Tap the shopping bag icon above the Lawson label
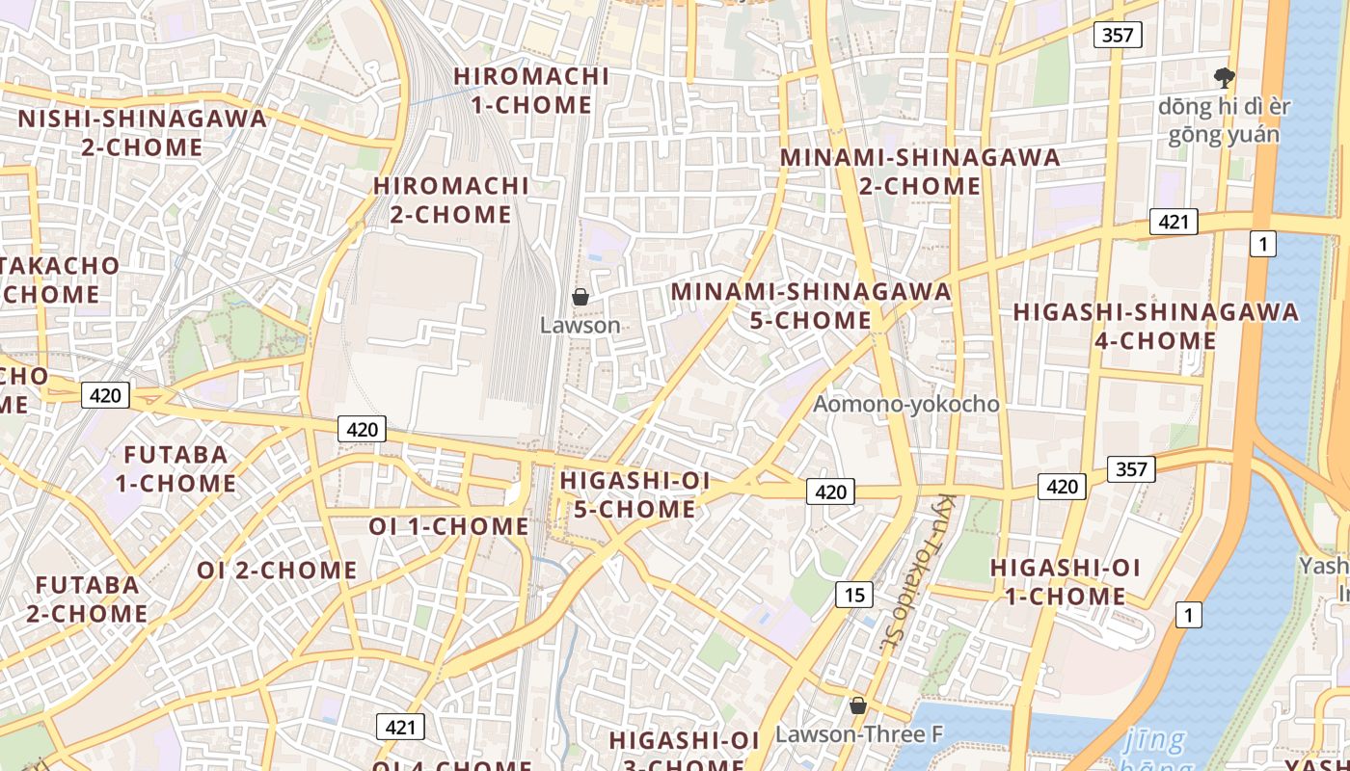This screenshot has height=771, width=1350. click(x=580, y=297)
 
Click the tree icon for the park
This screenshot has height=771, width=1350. click(x=1225, y=77)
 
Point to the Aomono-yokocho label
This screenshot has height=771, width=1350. click(x=905, y=404)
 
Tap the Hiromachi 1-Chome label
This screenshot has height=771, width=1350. click(x=531, y=90)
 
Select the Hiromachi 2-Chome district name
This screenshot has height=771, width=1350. click(x=451, y=199)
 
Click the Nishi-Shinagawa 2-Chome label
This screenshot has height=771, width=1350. click(x=143, y=133)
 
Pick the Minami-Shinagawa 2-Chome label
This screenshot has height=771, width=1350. click(x=919, y=171)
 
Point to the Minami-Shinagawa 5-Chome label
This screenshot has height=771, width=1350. click(x=811, y=305)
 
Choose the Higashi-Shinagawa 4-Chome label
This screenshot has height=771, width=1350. click(x=1155, y=326)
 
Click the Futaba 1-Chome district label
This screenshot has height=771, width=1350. click(x=175, y=468)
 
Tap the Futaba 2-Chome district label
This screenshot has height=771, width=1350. click(x=87, y=598)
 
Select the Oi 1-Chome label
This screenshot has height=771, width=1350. click(x=448, y=526)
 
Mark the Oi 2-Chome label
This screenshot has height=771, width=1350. click(x=277, y=570)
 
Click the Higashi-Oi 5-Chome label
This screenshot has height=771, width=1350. click(x=634, y=494)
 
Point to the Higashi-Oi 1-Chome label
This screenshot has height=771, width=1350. click(x=1065, y=581)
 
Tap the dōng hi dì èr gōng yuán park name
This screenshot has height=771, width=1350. click(x=1224, y=120)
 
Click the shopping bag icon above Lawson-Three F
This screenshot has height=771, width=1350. click(x=857, y=705)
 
